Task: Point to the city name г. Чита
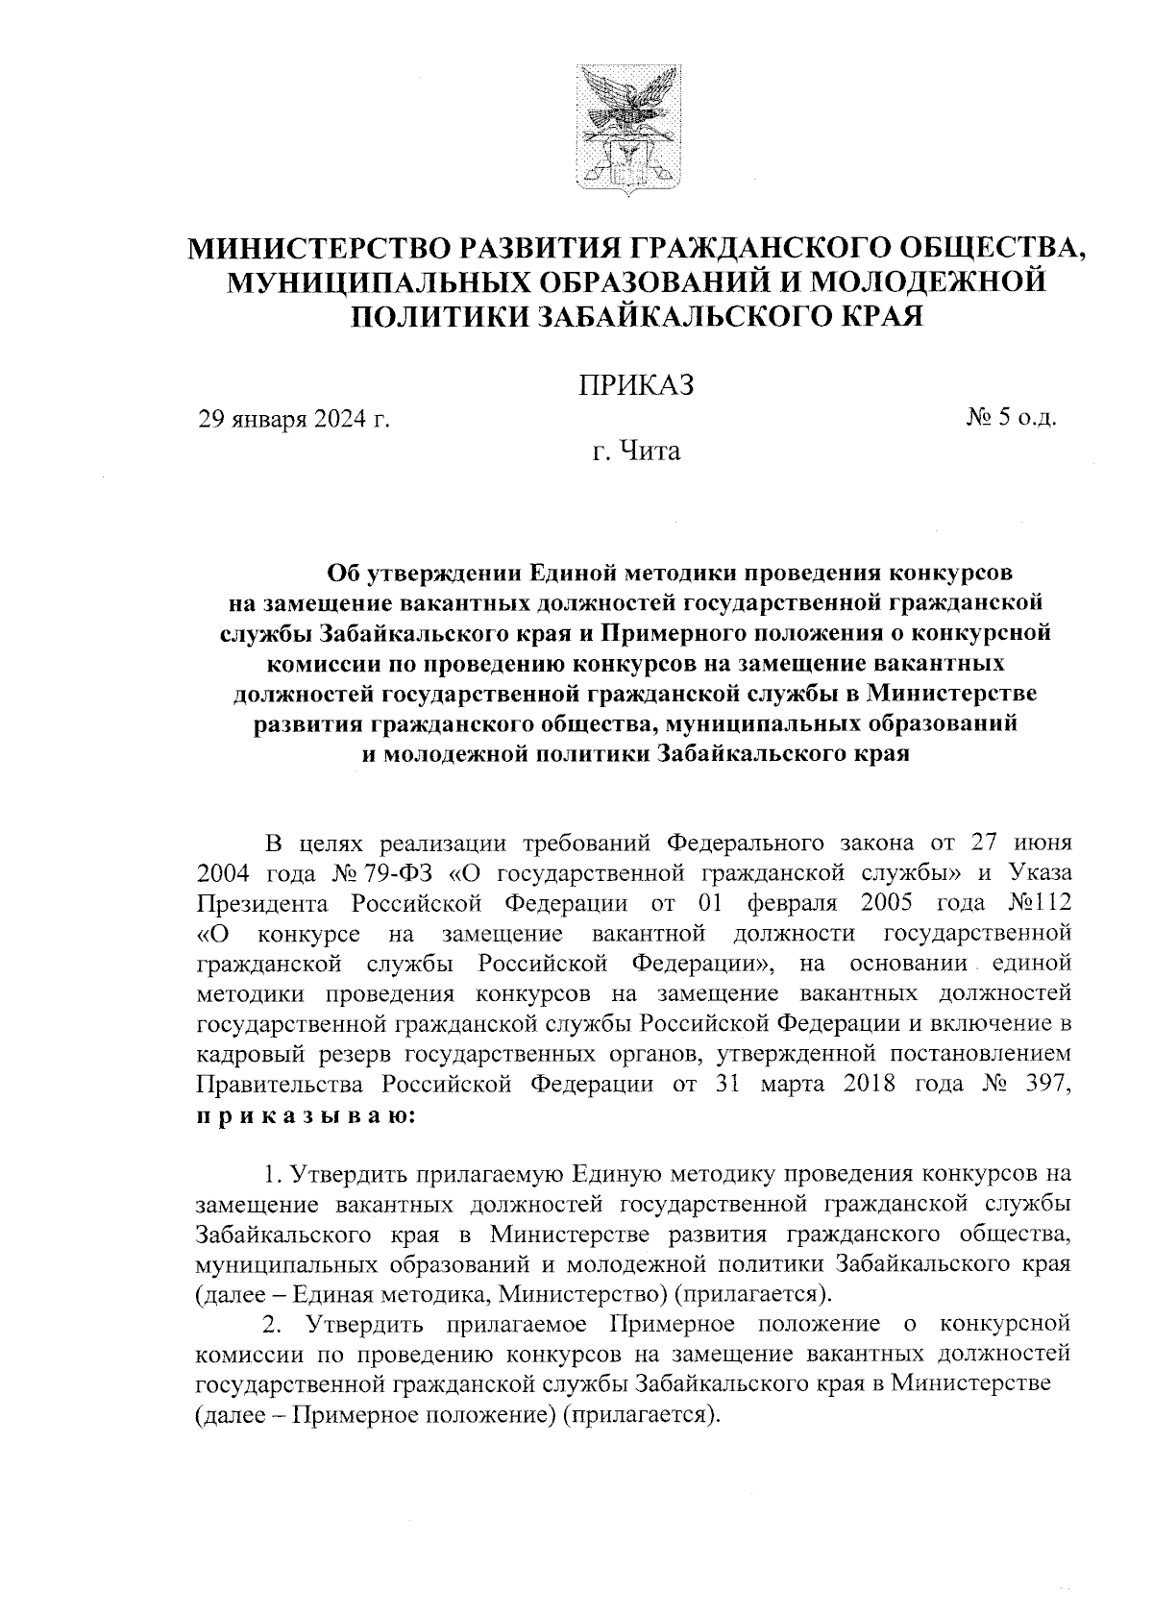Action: (635, 450)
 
